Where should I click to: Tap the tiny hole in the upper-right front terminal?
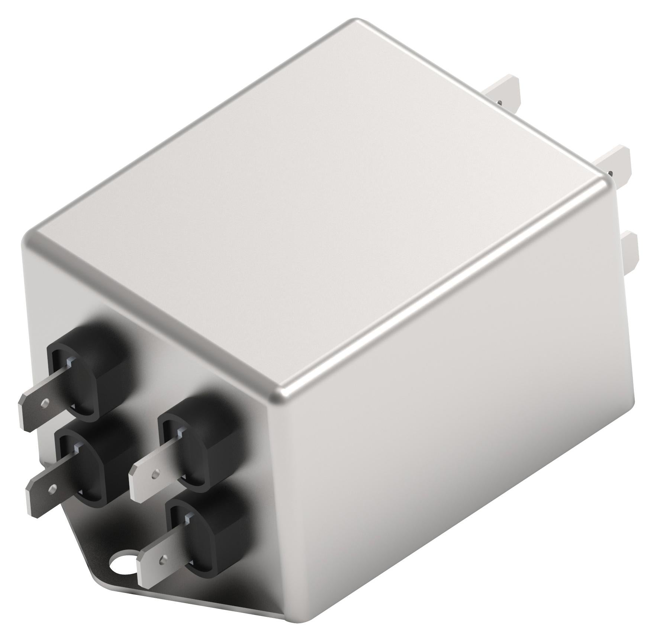coord(154,474)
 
